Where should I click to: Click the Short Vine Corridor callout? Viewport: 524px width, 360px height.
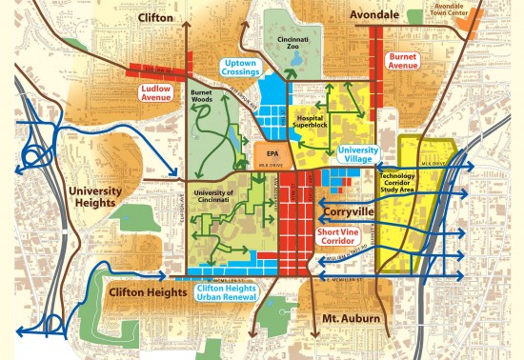(x=339, y=235)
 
